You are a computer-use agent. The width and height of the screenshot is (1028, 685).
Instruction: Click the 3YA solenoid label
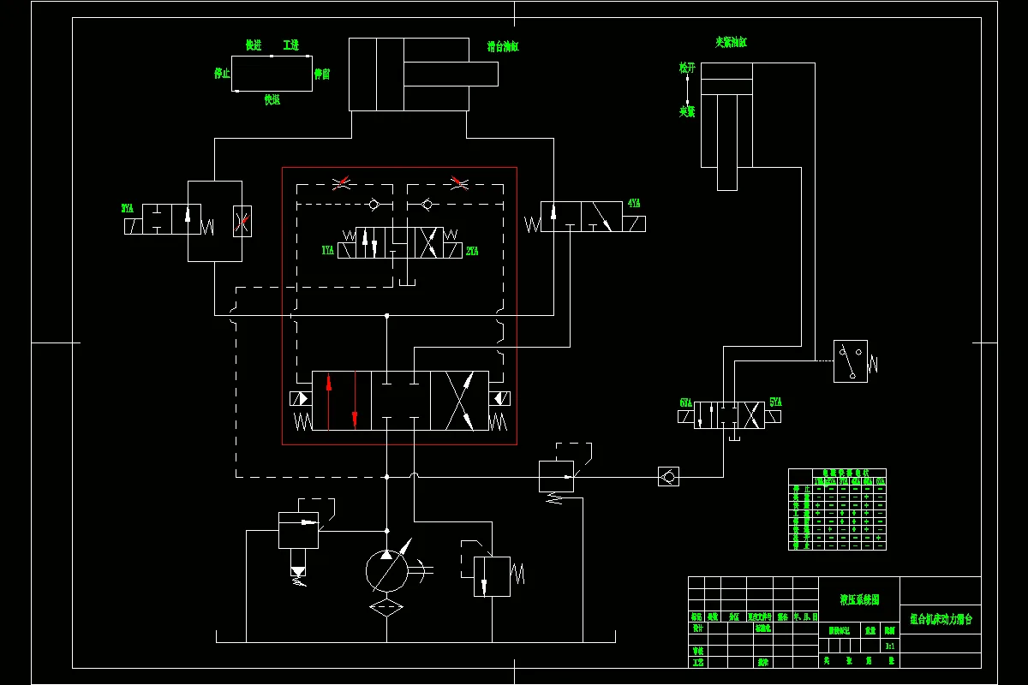click(x=128, y=208)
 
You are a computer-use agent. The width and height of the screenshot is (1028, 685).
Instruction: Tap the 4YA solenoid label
click(x=634, y=204)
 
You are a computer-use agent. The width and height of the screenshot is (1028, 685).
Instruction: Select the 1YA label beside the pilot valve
click(x=327, y=251)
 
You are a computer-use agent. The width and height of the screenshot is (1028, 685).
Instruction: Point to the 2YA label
click(x=472, y=251)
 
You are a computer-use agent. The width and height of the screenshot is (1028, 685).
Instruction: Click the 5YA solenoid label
click(x=775, y=402)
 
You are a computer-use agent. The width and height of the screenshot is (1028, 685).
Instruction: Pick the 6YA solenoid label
click(x=685, y=402)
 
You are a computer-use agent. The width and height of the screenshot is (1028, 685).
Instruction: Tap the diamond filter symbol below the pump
click(x=386, y=607)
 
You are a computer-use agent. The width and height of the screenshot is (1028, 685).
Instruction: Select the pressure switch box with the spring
click(x=850, y=360)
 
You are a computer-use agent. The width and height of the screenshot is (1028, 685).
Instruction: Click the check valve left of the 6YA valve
click(x=668, y=476)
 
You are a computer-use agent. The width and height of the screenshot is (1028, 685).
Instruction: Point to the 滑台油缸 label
click(x=504, y=47)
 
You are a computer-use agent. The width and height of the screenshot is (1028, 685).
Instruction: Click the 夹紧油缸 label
click(x=731, y=41)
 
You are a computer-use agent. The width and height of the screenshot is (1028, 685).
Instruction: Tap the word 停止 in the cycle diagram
click(x=222, y=74)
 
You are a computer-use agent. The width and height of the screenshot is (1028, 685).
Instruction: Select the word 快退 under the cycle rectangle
click(x=272, y=100)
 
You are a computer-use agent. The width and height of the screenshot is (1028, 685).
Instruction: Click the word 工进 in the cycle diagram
click(x=290, y=45)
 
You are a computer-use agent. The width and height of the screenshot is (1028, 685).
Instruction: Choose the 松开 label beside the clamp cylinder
click(x=687, y=67)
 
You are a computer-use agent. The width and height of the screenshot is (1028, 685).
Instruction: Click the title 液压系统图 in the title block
click(x=859, y=600)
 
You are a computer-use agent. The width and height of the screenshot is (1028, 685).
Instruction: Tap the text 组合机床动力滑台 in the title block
click(x=941, y=618)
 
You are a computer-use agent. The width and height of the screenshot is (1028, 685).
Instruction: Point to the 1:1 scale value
click(x=890, y=646)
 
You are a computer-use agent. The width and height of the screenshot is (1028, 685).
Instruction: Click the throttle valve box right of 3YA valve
click(x=242, y=221)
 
